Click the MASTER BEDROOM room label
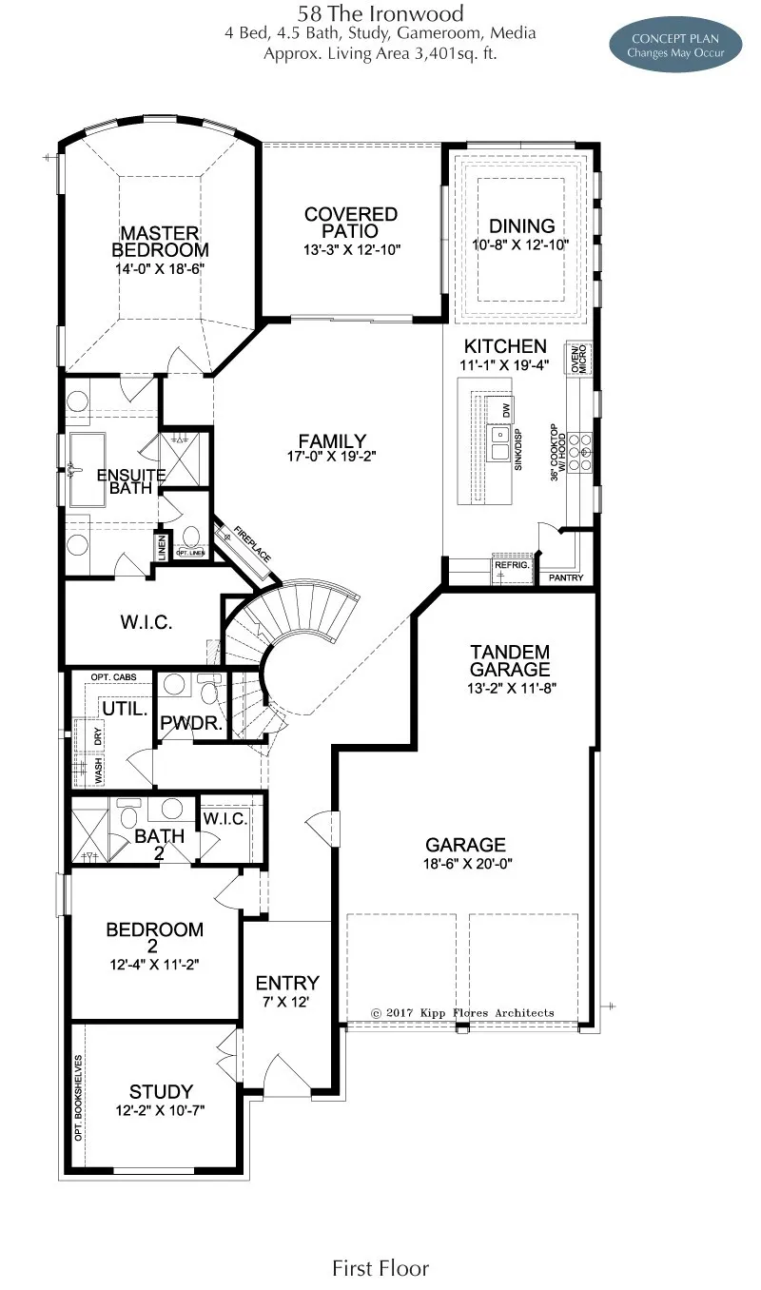(160, 242)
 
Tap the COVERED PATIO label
(351, 223)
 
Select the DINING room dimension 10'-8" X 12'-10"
(521, 244)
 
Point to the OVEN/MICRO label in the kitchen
(576, 360)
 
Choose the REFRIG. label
(505, 564)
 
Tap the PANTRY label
(566, 577)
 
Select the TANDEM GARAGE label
(510, 660)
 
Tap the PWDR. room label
(191, 724)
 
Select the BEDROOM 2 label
(154, 937)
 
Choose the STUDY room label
(161, 1091)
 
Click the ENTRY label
(287, 983)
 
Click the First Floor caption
(380, 1267)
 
